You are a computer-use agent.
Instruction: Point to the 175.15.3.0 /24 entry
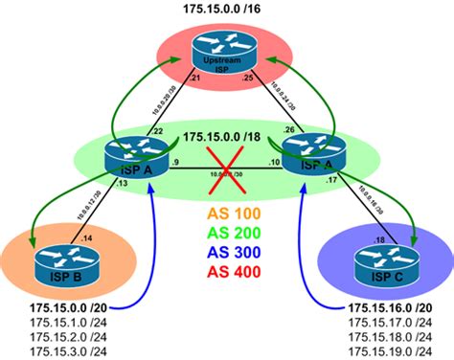point(65,352)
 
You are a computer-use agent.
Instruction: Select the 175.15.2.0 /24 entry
point(65,338)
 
